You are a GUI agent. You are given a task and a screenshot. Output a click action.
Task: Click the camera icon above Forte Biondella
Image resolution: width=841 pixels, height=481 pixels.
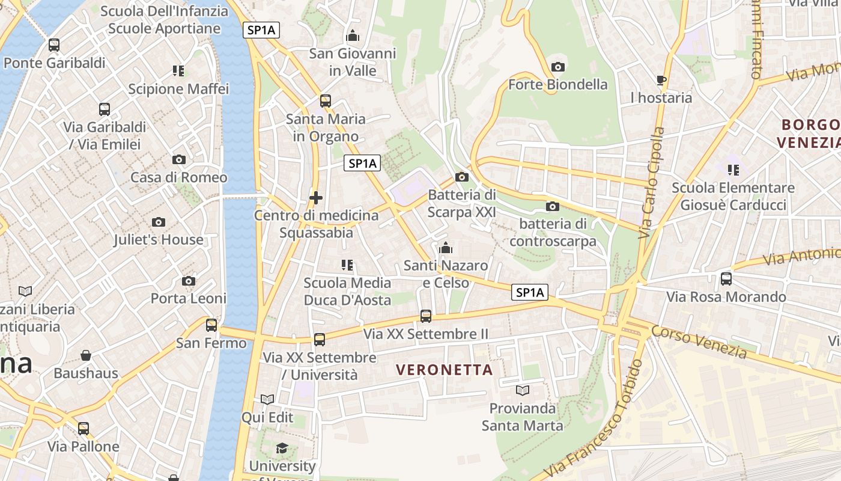tap(558, 67)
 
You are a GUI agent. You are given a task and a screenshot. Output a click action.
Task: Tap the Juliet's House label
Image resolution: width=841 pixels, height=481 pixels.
tap(159, 239)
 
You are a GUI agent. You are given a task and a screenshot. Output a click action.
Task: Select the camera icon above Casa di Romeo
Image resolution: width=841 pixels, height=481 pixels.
tap(178, 159)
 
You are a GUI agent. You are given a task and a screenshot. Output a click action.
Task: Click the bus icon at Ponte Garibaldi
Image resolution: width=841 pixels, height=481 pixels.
tap(54, 44)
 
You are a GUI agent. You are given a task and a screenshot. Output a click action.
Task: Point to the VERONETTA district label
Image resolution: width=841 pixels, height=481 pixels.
tap(445, 370)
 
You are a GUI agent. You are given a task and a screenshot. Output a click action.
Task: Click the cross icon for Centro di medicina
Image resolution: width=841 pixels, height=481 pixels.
tap(316, 197)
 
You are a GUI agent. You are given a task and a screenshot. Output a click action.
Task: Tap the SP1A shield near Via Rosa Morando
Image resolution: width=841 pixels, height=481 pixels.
tap(530, 292)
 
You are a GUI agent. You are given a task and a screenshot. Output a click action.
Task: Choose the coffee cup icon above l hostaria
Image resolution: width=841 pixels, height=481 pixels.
tap(661, 80)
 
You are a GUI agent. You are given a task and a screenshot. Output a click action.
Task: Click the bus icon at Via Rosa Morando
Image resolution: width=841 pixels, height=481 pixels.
tap(726, 279)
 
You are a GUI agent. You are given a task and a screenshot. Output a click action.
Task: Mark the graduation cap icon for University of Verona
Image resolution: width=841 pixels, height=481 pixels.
tap(282, 448)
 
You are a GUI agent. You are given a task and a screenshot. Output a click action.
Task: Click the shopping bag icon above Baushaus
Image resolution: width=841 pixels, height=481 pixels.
tap(86, 355)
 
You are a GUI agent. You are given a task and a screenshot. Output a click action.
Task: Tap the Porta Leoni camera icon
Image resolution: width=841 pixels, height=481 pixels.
tap(189, 281)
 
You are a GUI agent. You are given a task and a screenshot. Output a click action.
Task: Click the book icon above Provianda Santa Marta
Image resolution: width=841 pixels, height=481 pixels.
tap(523, 391)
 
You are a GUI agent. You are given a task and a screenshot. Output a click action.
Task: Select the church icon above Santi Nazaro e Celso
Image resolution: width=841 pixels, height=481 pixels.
tap(446, 248)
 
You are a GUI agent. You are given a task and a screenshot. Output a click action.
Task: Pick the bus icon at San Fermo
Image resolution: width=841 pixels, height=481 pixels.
tap(211, 325)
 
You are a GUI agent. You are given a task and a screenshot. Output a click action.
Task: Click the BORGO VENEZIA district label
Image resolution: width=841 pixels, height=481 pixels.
tap(809, 133)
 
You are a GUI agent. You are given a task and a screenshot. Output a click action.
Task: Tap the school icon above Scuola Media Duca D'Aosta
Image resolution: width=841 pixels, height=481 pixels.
tap(347, 265)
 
